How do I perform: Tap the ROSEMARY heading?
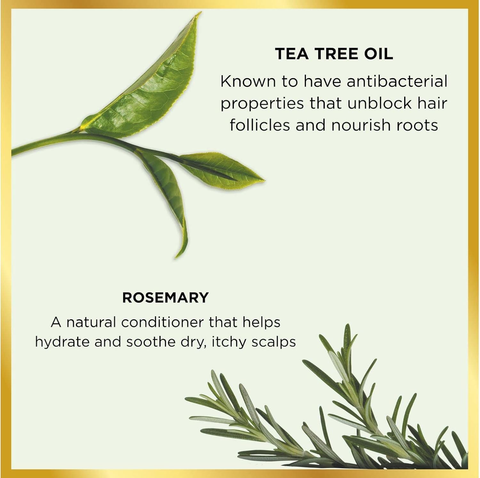(165, 298)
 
